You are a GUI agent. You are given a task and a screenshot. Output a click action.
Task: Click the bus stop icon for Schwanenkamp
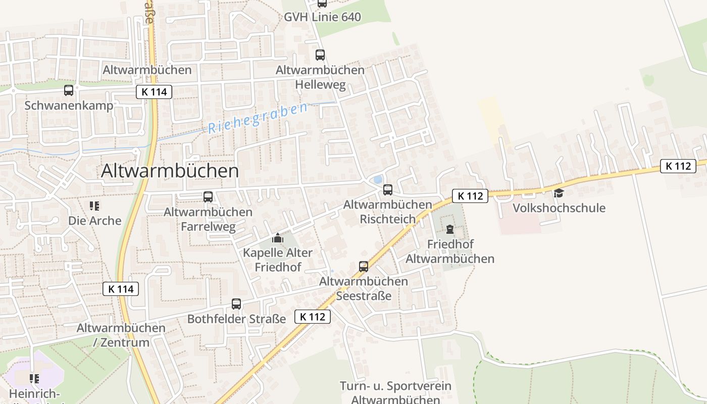click(x=69, y=90)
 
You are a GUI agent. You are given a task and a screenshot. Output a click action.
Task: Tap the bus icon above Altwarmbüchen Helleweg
click(x=320, y=55)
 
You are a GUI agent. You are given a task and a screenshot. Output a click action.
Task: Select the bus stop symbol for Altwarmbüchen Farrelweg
click(x=208, y=197)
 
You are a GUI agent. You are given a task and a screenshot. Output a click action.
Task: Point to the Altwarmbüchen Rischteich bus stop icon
click(x=388, y=190)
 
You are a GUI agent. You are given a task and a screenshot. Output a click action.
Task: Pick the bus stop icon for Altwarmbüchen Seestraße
click(x=364, y=266)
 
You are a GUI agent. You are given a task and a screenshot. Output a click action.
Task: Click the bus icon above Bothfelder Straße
click(x=236, y=304)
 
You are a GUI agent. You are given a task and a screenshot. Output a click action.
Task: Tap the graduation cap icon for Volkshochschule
click(x=559, y=193)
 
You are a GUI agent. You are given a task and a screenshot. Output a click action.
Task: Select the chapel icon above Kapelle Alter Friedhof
click(x=277, y=237)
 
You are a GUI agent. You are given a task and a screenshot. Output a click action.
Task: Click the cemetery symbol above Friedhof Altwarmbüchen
click(x=450, y=229)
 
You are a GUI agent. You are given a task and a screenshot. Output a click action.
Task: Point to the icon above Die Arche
click(x=94, y=206)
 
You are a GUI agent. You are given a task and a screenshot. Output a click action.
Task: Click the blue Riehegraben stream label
click(x=258, y=118)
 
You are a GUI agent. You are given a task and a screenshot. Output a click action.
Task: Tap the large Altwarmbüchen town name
click(x=170, y=171)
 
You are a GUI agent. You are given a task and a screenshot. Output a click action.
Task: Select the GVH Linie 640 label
click(x=322, y=17)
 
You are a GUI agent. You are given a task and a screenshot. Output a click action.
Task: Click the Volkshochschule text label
click(x=559, y=208)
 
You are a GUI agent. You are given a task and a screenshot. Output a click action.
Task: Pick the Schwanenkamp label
click(x=69, y=106)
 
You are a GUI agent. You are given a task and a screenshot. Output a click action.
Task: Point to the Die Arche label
click(x=95, y=221)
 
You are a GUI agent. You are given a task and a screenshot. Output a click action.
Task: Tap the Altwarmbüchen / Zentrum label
click(x=121, y=335)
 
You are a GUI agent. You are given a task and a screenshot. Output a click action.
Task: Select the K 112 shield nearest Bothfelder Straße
click(x=313, y=317)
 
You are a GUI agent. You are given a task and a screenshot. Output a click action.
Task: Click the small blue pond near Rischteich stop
click(x=377, y=180)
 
